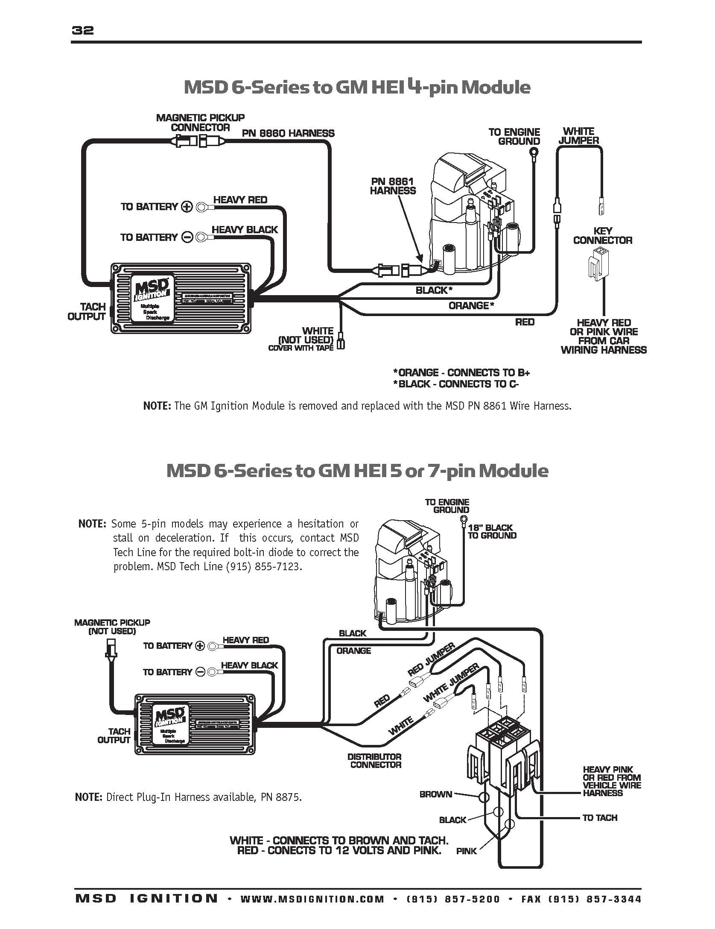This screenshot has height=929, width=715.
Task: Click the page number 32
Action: coord(83,30)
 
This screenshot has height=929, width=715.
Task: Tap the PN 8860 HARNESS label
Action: coord(288,133)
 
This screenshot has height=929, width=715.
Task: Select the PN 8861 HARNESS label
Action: coord(393,186)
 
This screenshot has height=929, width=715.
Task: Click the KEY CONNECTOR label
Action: coord(602,236)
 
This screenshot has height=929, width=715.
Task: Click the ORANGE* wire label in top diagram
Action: coord(471,305)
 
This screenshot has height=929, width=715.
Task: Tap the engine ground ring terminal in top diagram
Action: coord(534,152)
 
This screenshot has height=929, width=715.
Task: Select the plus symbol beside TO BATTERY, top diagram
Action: coord(187,207)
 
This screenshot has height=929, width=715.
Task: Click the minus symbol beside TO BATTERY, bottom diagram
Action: coord(200,672)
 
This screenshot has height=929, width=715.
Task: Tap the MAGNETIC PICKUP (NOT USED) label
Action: coord(112,627)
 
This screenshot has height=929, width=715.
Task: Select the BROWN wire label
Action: coord(435,794)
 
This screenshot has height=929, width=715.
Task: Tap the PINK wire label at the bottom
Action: coord(466,863)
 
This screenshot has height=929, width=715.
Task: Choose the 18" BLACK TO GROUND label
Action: coord(492,531)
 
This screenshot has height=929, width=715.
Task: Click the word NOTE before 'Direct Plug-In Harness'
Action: coord(88,797)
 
